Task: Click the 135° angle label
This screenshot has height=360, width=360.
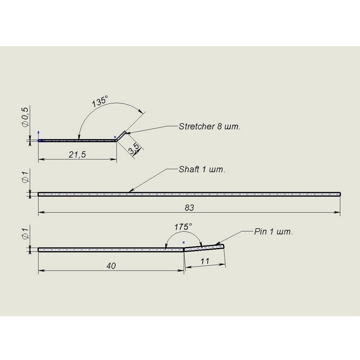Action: coord(100,102)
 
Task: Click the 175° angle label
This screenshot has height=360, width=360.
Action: coord(183,227)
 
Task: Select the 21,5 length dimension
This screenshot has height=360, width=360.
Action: coord(77,154)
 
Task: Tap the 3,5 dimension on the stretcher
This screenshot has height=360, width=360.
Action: coord(134,149)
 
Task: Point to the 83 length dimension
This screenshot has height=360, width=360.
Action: coord(189,208)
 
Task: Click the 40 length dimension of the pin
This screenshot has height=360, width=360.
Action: coord(111,266)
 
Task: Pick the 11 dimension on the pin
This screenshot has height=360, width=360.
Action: coord(205,261)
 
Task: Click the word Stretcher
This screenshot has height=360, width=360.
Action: coord(196,127)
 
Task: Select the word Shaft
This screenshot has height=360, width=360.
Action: coord(189,170)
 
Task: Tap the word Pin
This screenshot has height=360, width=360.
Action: coord(260,231)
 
